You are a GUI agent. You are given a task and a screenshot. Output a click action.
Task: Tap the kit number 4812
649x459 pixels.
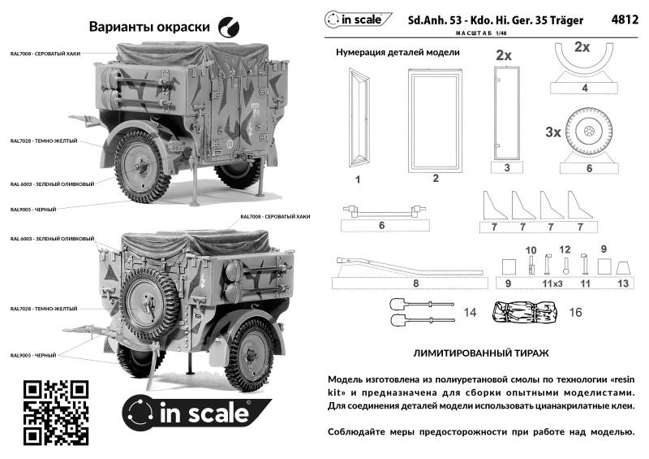[x=620, y=19]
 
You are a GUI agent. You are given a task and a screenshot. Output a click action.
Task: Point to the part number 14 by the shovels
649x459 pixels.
[x=469, y=312]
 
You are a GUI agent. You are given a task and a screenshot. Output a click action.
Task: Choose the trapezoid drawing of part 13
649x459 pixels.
[x=623, y=266]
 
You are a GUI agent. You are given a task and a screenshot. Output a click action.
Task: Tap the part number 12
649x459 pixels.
[x=565, y=249]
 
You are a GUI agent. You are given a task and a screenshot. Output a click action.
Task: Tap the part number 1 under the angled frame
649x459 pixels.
[x=357, y=176]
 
